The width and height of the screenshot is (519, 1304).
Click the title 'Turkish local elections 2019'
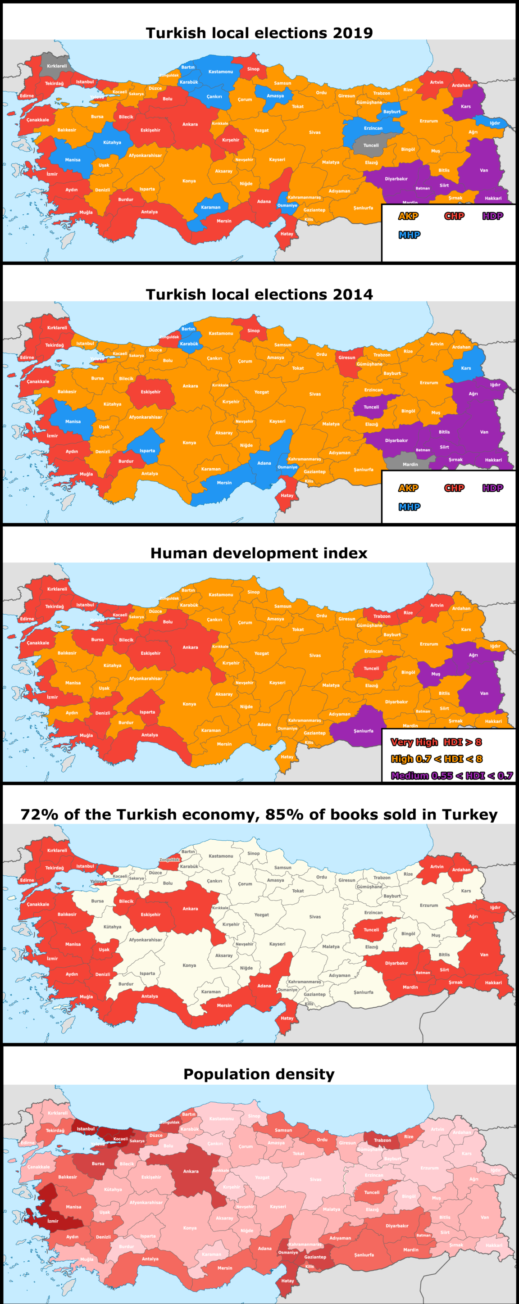(x=259, y=33)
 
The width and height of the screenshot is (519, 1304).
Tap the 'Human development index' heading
(x=259, y=553)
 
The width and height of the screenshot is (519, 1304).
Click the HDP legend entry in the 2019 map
(x=492, y=216)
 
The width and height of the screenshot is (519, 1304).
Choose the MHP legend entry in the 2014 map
(x=409, y=507)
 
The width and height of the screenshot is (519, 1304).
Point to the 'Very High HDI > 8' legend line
(x=436, y=742)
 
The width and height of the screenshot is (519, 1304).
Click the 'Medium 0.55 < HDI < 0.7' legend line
(x=452, y=775)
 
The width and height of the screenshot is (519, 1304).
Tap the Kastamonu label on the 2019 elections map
(x=221, y=72)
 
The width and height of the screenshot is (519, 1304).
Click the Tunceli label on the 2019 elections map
(x=371, y=145)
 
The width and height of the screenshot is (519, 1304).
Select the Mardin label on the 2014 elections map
(x=410, y=464)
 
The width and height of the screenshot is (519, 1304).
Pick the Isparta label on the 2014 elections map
(x=147, y=451)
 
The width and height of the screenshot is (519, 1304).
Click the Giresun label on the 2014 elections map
(x=347, y=358)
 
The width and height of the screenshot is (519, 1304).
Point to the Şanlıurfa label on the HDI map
(x=363, y=731)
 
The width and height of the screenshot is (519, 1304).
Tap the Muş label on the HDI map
(x=436, y=674)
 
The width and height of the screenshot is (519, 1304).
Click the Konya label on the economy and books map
(x=189, y=965)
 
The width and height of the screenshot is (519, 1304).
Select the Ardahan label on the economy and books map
(x=461, y=869)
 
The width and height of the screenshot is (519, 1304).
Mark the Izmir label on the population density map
(x=53, y=1221)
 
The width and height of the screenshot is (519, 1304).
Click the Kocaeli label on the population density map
(x=120, y=1138)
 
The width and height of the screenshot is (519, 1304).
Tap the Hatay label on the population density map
(x=287, y=1281)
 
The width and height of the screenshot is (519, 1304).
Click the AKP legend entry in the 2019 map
(x=408, y=216)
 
